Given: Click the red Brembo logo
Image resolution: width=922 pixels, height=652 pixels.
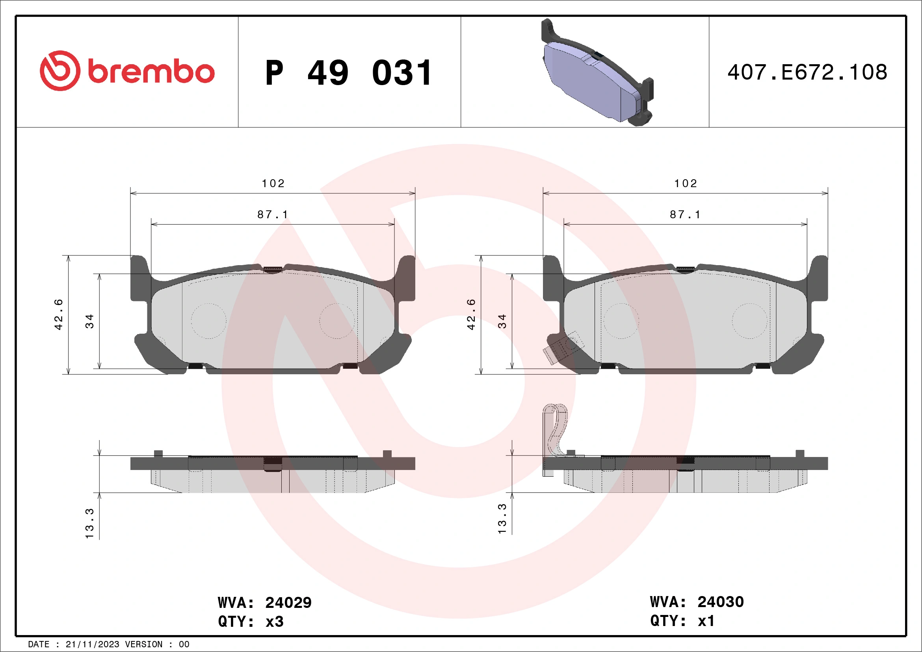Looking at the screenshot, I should click(127, 71).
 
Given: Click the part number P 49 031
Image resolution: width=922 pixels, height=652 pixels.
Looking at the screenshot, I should click(348, 73).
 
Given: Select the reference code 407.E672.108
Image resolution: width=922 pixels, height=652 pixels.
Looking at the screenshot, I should click(807, 72).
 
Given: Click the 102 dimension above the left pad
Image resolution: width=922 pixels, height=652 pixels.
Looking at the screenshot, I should click(273, 184).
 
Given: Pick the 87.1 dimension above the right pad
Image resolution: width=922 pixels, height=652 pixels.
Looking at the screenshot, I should click(685, 215).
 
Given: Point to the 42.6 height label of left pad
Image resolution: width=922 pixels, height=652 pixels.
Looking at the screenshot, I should click(59, 314).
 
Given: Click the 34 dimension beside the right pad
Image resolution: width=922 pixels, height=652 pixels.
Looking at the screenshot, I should click(502, 321).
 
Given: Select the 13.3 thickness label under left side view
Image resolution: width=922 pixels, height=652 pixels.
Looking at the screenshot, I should click(89, 523).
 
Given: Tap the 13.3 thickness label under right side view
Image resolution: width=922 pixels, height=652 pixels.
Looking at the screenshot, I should click(502, 518).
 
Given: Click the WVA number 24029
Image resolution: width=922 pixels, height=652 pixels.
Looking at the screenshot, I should click(288, 603).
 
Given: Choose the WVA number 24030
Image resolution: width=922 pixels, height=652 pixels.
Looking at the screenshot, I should click(720, 602).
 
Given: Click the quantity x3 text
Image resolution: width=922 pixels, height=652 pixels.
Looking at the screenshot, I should click(275, 622).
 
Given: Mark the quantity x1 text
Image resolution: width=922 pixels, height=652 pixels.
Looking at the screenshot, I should click(706, 621).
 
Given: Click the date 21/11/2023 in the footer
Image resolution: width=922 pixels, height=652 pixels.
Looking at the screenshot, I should click(92, 645).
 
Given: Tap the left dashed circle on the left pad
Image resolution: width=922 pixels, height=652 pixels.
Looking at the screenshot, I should click(208, 321).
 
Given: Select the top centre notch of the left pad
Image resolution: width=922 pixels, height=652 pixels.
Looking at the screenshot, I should click(273, 269).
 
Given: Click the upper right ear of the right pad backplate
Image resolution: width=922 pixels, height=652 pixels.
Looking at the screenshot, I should click(818, 277).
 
